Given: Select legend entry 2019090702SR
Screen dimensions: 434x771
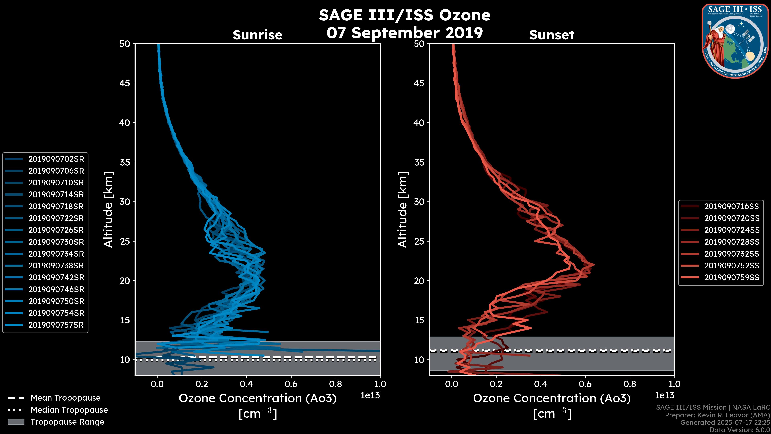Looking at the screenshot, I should coord(56,159).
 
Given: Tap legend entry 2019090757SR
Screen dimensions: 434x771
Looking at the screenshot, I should coord(56,325).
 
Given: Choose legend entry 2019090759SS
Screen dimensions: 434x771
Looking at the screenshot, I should coord(731,278).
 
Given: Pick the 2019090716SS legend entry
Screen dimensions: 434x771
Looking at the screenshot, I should coord(731,206).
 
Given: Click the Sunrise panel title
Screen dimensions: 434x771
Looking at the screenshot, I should coord(257,35).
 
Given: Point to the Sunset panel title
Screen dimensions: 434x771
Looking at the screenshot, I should coord(552,35).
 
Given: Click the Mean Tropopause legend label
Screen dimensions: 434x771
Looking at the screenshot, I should coord(65,398).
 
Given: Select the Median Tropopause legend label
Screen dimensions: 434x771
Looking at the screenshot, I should coord(69,410).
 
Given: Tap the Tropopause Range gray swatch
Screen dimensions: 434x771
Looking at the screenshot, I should coord(16,422).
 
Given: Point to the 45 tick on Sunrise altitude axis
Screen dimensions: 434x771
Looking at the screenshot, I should coord(125,83).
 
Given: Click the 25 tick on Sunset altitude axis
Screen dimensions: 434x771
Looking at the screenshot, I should coord(419,241).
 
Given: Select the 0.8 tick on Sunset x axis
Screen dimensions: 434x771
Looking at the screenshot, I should coord(630,384).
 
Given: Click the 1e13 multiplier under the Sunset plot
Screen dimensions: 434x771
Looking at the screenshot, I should coord(664,396).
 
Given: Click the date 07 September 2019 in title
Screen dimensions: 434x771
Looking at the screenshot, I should coord(405,33).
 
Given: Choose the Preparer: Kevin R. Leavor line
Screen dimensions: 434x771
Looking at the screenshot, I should coord(717,415).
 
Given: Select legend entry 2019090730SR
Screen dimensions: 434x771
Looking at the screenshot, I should coord(56,242).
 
